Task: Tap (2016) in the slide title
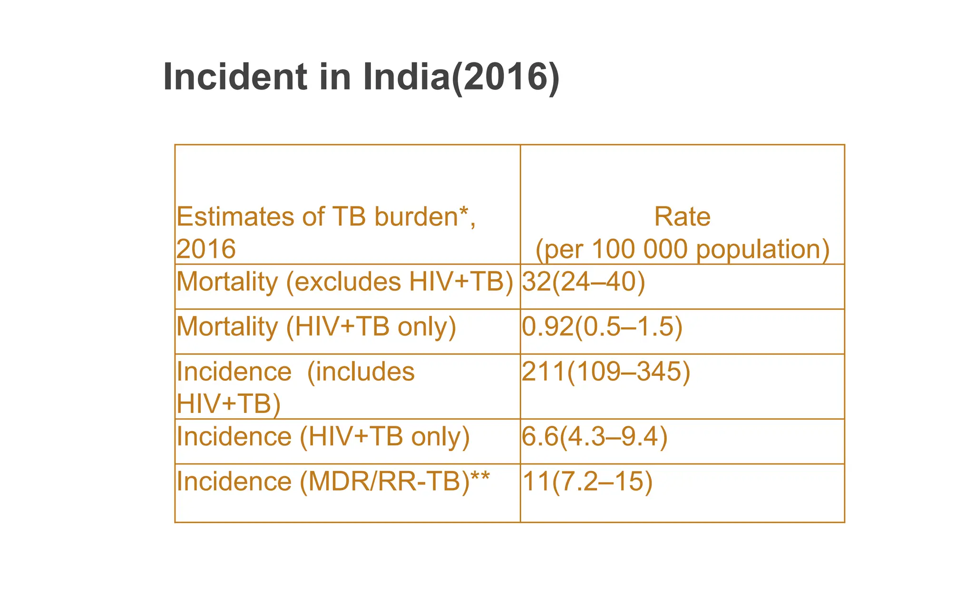pyautogui.click(x=505, y=77)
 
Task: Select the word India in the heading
pyautogui.click(x=406, y=77)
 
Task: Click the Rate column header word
pyautogui.click(x=682, y=217)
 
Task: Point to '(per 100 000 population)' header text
pyautogui.click(x=682, y=249)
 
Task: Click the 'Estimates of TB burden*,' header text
pyautogui.click(x=326, y=217)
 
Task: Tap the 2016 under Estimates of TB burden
pyautogui.click(x=206, y=249)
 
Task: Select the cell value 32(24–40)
pyautogui.click(x=584, y=282)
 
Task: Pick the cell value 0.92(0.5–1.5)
pyautogui.click(x=602, y=327)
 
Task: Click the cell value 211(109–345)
pyautogui.click(x=606, y=372)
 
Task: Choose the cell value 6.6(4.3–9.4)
pyautogui.click(x=594, y=437)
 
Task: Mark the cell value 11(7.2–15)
pyautogui.click(x=587, y=481)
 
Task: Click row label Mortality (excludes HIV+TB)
pyautogui.click(x=345, y=282)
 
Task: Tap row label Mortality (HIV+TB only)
pyautogui.click(x=316, y=327)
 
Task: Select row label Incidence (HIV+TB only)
pyautogui.click(x=323, y=437)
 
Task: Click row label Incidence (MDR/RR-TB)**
pyautogui.click(x=333, y=481)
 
